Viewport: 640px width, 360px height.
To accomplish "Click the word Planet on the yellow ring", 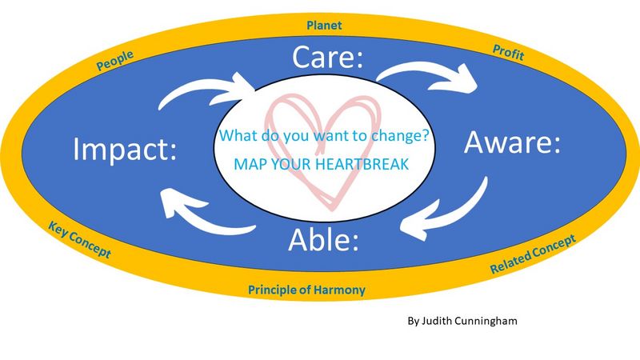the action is (x=324, y=26).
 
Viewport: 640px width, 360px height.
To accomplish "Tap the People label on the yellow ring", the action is (x=114, y=61).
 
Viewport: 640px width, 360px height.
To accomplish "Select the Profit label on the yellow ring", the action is (x=508, y=53).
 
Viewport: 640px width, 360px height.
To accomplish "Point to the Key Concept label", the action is (x=79, y=239).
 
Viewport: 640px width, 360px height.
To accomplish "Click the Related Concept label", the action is (x=533, y=254).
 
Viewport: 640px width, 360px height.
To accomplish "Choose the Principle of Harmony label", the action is (x=306, y=290).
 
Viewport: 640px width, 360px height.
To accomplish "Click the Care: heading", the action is (x=327, y=57).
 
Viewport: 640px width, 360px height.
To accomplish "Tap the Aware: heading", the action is (x=512, y=142).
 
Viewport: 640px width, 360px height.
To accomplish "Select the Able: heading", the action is (x=323, y=239).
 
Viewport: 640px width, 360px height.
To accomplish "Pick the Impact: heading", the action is (x=125, y=150).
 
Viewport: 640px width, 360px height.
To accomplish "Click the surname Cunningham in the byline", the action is (x=486, y=321).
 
